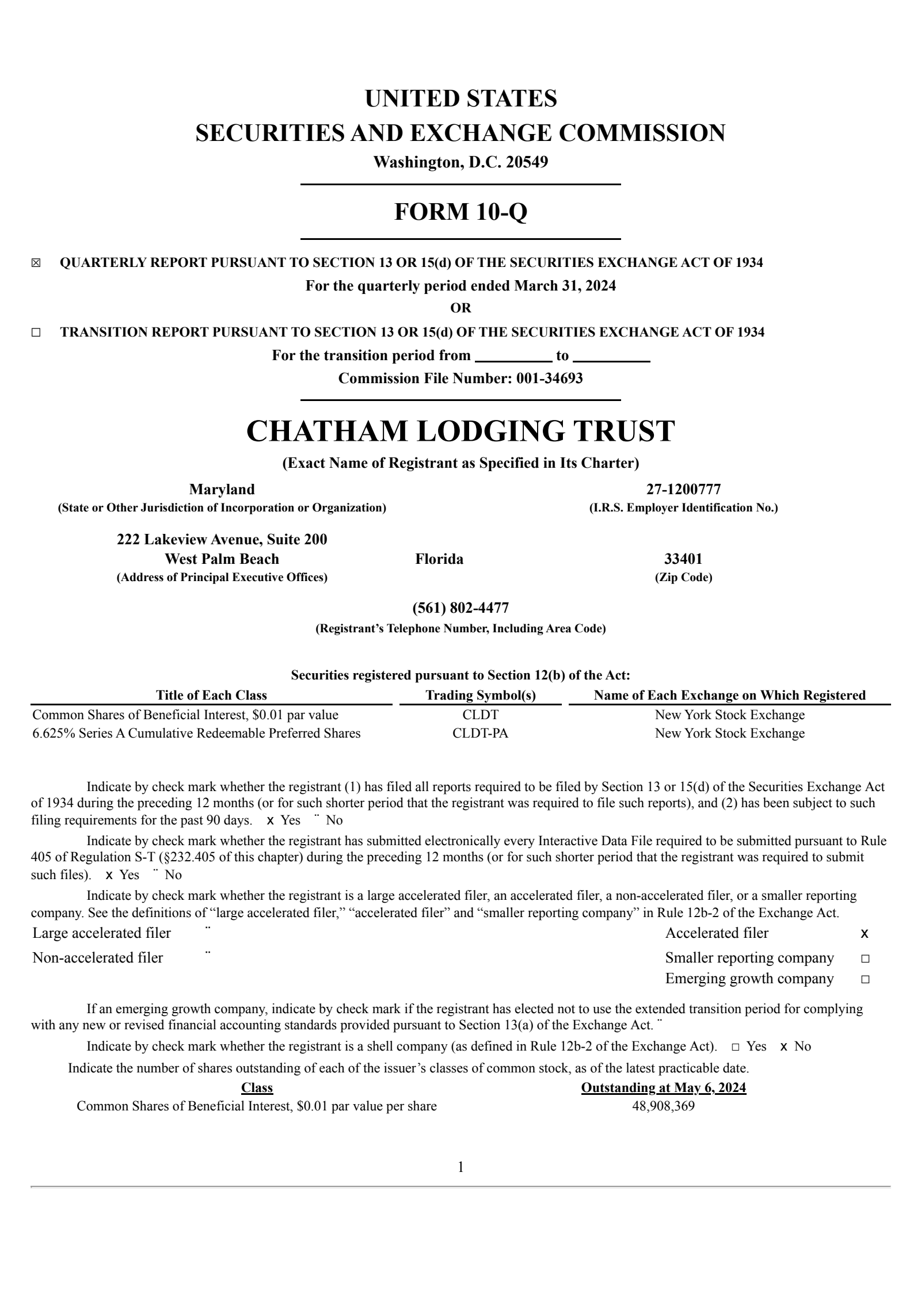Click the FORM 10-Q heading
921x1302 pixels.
(x=461, y=212)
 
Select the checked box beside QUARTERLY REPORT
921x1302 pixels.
(x=36, y=264)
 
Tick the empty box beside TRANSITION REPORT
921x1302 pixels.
(x=36, y=333)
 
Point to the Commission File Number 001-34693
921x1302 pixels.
(x=461, y=378)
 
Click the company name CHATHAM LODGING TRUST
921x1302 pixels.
(x=461, y=431)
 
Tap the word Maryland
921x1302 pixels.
(x=222, y=489)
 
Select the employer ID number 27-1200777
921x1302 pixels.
(x=683, y=489)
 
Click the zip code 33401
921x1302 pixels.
(x=683, y=559)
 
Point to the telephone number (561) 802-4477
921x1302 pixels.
(x=461, y=608)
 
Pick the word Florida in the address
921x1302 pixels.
(x=439, y=559)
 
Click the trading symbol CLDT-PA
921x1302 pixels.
(x=481, y=733)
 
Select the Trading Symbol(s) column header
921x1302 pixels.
(x=481, y=695)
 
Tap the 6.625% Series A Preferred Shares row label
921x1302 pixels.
(x=196, y=733)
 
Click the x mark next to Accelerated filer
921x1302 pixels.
(x=865, y=933)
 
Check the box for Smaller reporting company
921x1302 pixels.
(x=865, y=959)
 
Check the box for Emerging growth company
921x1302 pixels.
(x=865, y=979)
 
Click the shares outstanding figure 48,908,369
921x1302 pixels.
(x=664, y=1106)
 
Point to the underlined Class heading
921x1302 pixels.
(x=257, y=1087)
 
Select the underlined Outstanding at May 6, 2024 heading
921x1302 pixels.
(x=664, y=1087)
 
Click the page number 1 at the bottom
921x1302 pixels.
(x=461, y=1167)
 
